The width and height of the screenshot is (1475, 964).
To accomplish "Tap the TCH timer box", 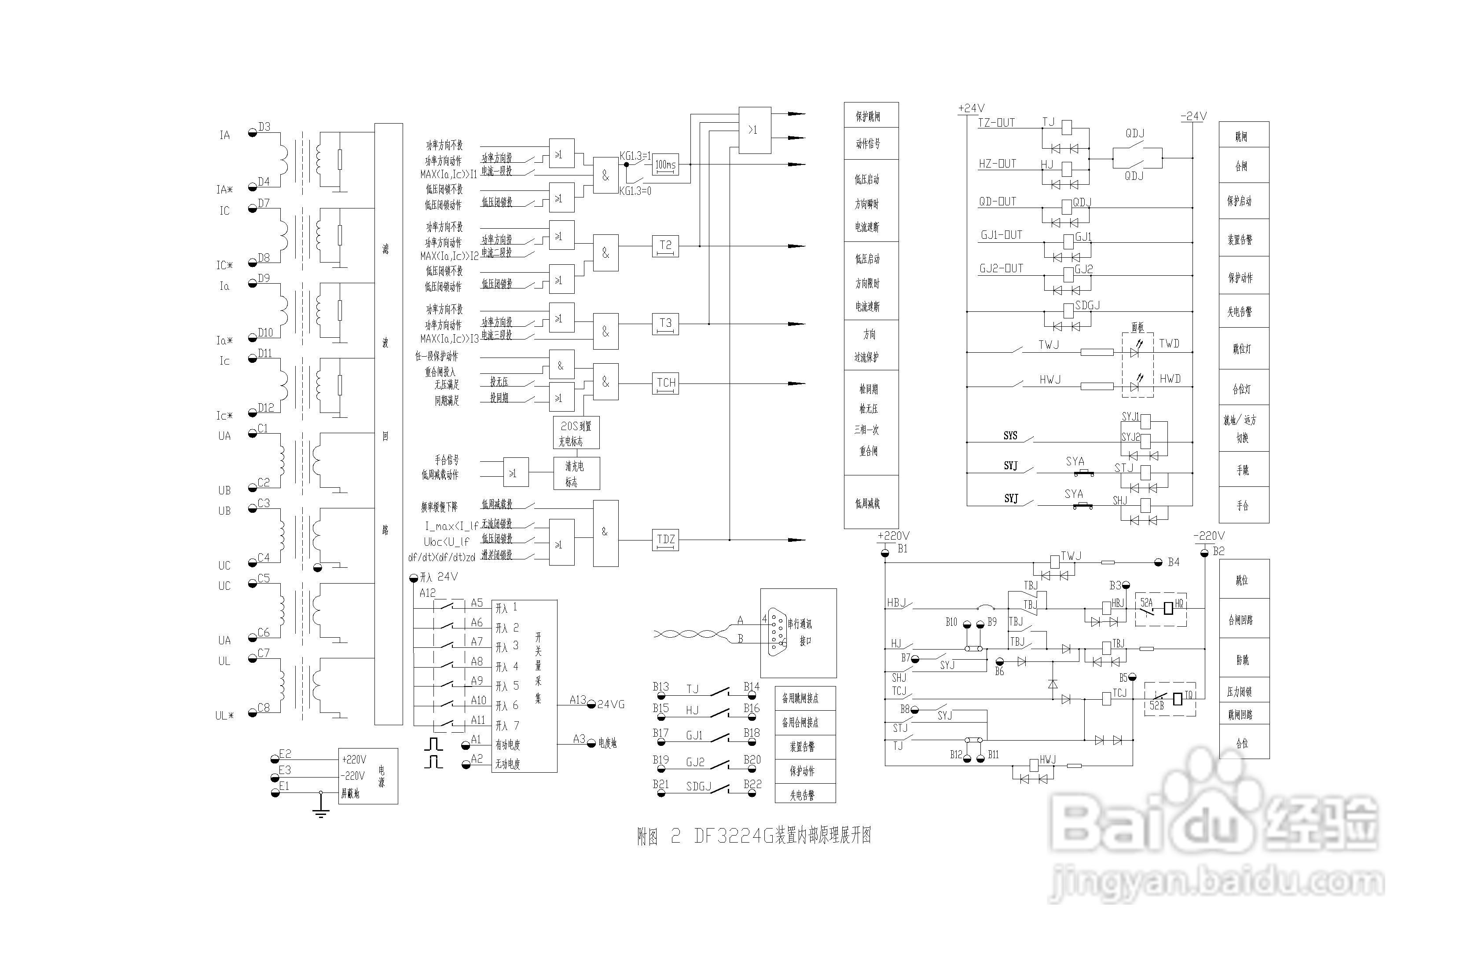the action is tap(666, 383).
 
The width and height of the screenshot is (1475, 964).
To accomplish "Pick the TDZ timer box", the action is tap(666, 540).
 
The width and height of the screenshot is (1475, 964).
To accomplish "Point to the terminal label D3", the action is tap(264, 127).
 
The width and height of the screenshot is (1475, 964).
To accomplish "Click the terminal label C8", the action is tap(264, 708).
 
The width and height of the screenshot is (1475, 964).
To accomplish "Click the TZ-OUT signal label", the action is tap(996, 123).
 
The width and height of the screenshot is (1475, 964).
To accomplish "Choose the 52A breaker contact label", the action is tap(1147, 602).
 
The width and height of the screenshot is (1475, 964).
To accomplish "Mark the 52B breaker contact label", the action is tap(1156, 705).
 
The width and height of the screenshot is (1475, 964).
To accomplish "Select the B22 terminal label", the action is tap(752, 784).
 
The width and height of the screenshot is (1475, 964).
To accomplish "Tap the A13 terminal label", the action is tap(578, 699).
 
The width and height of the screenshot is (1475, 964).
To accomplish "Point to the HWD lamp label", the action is tap(1170, 379).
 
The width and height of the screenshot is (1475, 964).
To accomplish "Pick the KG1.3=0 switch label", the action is tap(635, 191).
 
